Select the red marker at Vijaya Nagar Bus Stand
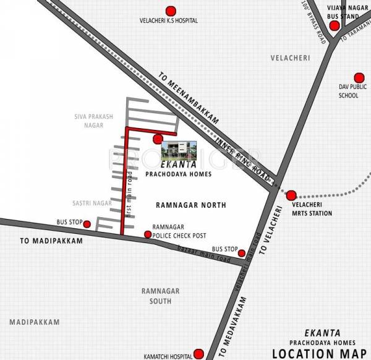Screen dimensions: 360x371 pyautogui.click(x=334, y=26)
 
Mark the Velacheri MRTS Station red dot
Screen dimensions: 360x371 pyautogui.click(x=291, y=195)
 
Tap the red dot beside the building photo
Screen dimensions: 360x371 pyautogui.click(x=158, y=139)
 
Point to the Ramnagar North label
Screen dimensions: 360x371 pyautogui.click(x=182, y=205)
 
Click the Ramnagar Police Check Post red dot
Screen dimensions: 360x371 pyautogui.click(x=147, y=234)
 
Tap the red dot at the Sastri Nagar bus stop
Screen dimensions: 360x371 pyautogui.click(x=87, y=224)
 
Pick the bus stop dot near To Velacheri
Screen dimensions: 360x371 pyautogui.click(x=242, y=252)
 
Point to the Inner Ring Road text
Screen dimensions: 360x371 pyautogui.click(x=244, y=158)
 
